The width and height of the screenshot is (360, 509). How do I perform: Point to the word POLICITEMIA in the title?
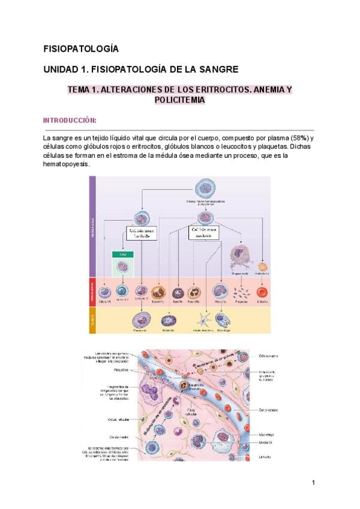[x=180, y=100]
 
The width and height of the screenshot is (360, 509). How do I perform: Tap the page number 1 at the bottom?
[x=313, y=482]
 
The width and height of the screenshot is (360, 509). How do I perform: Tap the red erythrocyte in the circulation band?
[x=262, y=292]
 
